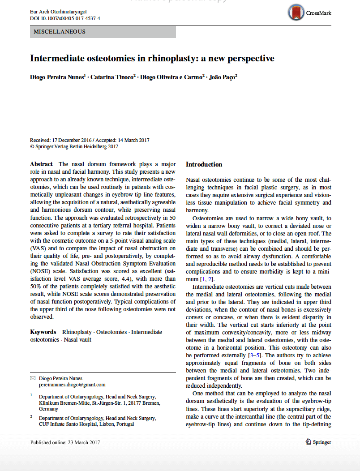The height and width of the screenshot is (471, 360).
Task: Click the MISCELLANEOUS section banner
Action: pos(103,32)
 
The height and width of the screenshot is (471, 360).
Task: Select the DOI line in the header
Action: pos(65,18)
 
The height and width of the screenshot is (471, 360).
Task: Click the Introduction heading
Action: pos(204,164)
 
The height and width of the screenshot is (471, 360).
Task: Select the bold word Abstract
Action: pos(42,164)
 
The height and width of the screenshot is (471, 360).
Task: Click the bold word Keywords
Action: pos(43,332)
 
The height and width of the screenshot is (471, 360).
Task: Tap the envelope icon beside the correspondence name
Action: pos(33,378)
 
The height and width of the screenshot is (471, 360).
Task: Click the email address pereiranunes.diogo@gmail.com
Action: pos(72,385)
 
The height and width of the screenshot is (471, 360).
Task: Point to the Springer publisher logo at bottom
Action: pos(318,442)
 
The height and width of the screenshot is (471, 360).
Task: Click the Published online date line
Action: pos(65,442)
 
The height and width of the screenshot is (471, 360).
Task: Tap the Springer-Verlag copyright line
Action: pos(74,146)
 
